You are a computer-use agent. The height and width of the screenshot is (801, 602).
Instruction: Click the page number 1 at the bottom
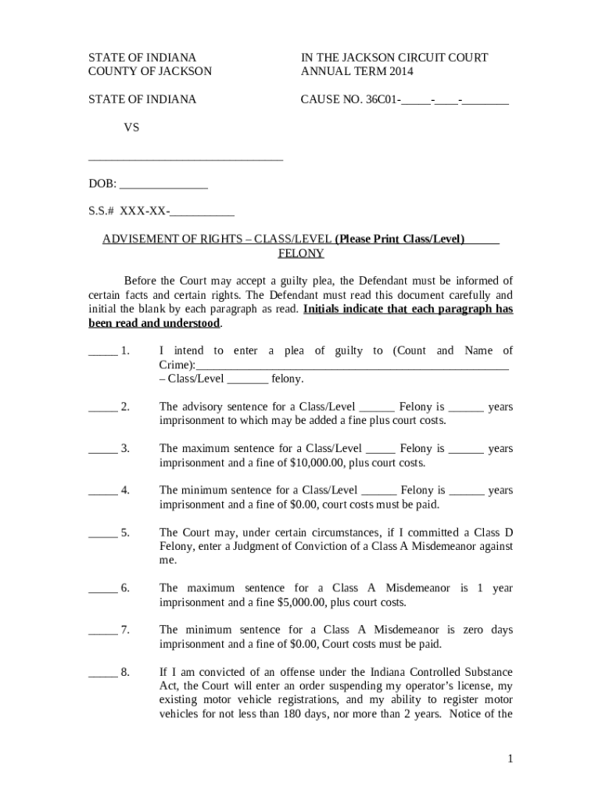pyautogui.click(x=509, y=759)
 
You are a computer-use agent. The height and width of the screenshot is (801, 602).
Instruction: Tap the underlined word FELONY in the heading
pyautogui.click(x=301, y=253)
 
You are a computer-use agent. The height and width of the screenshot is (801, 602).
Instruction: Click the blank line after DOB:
pyautogui.click(x=163, y=186)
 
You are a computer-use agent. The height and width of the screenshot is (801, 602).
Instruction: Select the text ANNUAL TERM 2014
pyautogui.click(x=357, y=72)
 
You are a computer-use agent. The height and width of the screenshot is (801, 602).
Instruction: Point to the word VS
pyautogui.click(x=131, y=127)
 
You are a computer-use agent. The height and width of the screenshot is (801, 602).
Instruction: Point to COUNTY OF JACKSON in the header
pyautogui.click(x=149, y=72)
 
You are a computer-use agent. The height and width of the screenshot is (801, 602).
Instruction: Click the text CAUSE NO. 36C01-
pyautogui.click(x=352, y=100)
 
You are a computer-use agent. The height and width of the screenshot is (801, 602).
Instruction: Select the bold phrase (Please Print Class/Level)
pyautogui.click(x=400, y=239)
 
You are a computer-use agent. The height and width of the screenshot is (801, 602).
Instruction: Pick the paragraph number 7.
pyautogui.click(x=125, y=630)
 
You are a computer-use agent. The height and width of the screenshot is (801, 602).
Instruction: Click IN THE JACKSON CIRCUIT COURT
pyautogui.click(x=394, y=58)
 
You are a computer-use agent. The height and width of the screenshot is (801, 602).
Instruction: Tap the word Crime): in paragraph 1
pyautogui.click(x=177, y=365)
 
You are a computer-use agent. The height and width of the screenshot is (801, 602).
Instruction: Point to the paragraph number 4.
pyautogui.click(x=125, y=490)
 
